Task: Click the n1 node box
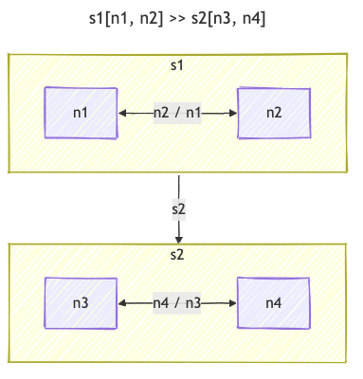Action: coord(82,113)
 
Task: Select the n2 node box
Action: coord(274,113)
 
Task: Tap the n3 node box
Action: coord(82,303)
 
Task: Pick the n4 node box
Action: coord(274,303)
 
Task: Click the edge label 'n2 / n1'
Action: coord(178,113)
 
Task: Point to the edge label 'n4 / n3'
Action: coord(178,303)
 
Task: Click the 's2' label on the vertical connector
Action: coord(179,208)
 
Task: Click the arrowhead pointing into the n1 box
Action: coord(123,113)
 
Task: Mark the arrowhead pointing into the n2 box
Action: coord(233,113)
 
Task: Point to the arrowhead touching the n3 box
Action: coord(123,303)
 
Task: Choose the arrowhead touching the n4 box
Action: coord(233,303)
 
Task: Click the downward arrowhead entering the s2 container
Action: coord(179,238)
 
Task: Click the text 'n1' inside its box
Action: coord(82,113)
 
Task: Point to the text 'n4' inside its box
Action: coord(274,303)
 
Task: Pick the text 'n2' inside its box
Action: coord(274,113)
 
